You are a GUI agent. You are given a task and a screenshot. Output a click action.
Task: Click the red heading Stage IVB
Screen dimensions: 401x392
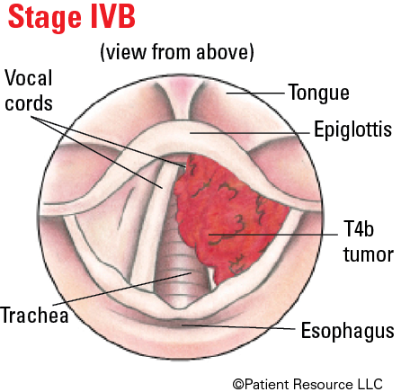[72, 17]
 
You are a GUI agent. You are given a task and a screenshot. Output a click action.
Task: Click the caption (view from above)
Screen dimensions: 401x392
[177, 52]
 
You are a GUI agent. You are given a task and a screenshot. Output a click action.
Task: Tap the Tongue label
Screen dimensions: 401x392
[319, 93]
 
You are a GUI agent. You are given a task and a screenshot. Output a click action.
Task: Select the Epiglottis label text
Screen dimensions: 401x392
[352, 129]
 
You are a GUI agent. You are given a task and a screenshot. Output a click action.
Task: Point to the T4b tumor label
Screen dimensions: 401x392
[369, 242]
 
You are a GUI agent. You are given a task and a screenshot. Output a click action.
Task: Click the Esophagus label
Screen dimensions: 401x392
[348, 331]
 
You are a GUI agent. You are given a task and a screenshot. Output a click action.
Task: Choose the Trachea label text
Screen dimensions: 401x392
[35, 315]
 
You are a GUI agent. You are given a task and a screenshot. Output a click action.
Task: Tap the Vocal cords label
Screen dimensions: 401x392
[29, 91]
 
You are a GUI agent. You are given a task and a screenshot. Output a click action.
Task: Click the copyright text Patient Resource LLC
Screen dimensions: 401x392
[307, 384]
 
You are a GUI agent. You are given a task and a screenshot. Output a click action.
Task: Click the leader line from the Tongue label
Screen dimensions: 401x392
[255, 94]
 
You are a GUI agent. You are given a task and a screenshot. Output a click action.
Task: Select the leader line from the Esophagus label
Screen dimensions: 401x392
[238, 326]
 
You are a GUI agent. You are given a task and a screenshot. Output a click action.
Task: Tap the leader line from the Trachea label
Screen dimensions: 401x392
[122, 289]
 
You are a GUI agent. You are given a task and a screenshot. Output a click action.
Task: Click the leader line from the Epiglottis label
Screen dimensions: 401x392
[250, 133]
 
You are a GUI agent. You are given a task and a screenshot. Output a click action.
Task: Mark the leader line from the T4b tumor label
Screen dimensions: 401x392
[273, 235]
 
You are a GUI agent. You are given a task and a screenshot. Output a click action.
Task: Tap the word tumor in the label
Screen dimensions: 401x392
[369, 254]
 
